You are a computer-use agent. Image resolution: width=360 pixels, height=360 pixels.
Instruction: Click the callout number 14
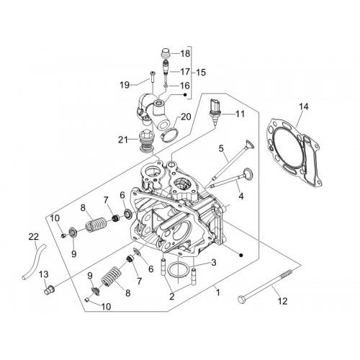[303, 107]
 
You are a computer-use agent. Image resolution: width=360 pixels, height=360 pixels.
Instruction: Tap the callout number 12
[282, 301]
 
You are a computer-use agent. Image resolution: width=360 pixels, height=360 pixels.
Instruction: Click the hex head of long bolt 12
[240, 299]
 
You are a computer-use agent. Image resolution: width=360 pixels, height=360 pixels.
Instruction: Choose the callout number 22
[34, 237]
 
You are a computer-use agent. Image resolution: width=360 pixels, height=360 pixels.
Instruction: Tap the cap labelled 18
[165, 53]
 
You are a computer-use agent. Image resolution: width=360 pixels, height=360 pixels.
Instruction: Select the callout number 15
[201, 72]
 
